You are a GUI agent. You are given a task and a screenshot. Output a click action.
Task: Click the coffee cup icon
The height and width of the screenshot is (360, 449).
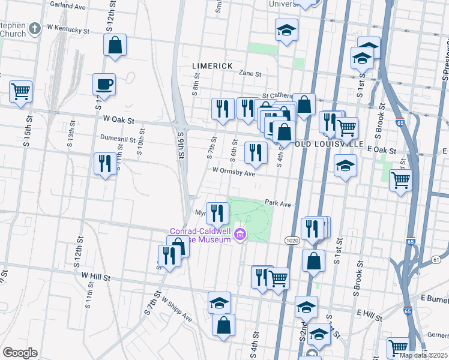click(104, 85)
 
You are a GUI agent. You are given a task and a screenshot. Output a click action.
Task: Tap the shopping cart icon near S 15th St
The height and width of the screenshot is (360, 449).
click(20, 92)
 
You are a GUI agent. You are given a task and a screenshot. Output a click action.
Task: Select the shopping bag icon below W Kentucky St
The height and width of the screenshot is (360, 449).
click(114, 45)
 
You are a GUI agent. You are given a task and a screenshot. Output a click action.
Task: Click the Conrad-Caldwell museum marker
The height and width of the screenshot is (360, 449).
click(241, 234)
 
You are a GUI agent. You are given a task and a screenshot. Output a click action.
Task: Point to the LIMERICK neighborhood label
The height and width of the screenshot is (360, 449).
click(212, 65)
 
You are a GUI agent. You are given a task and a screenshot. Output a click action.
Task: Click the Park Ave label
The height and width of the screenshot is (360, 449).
click(277, 204)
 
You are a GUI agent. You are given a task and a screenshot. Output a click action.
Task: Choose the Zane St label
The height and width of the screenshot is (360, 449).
click(250, 74)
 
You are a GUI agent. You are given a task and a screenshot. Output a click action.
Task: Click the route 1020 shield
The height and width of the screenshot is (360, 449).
click(292, 240)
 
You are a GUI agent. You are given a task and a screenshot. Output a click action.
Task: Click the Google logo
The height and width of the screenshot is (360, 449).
click(20, 353)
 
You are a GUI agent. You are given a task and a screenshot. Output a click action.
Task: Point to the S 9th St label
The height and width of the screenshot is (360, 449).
click(180, 146)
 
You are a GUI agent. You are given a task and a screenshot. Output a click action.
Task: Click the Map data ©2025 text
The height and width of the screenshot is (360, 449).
click(424, 355)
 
